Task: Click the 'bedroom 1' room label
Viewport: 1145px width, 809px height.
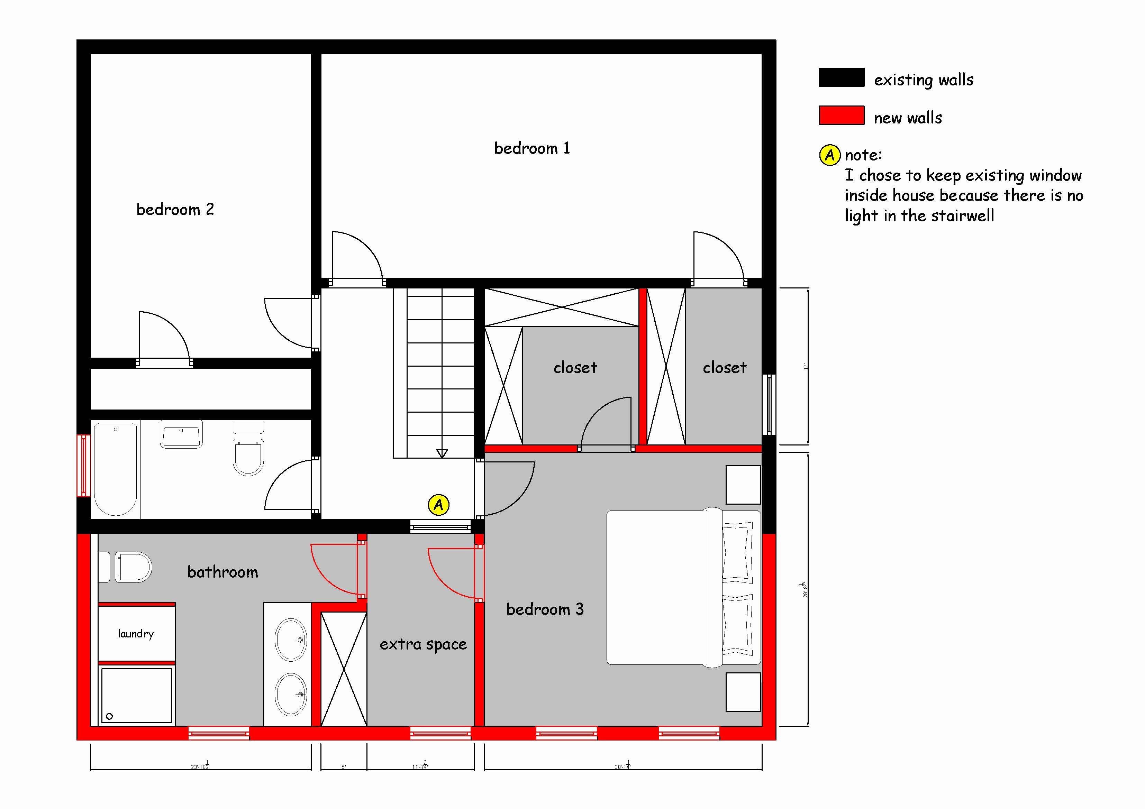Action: tap(531, 148)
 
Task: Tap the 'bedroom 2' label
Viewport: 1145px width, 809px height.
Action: tap(175, 209)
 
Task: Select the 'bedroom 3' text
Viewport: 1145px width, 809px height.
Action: tap(545, 609)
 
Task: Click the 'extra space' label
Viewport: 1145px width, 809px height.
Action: tap(423, 644)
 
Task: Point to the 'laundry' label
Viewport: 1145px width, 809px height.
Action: tap(136, 634)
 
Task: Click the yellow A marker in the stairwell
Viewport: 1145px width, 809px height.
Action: tap(438, 505)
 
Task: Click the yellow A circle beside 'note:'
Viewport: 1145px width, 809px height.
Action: tap(829, 155)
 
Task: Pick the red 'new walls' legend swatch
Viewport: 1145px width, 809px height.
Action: tap(841, 115)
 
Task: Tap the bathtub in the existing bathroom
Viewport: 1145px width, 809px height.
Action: tap(115, 469)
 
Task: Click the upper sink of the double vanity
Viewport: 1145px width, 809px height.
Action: tap(291, 640)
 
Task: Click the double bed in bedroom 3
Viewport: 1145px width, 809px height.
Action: tap(683, 587)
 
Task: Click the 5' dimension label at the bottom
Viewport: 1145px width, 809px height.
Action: tap(344, 767)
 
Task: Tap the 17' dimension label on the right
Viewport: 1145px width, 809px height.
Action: tap(805, 366)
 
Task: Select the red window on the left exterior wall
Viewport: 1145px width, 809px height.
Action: tap(83, 466)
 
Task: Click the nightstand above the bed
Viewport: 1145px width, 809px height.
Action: tap(743, 485)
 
